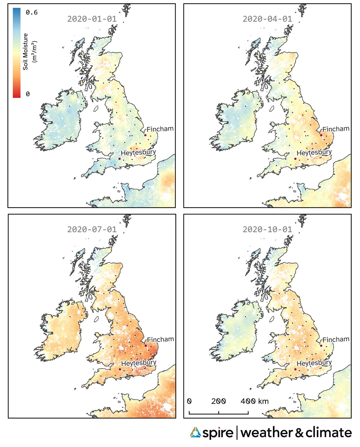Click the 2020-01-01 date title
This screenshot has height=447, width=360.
tap(92, 19)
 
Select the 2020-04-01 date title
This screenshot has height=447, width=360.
tap(267, 19)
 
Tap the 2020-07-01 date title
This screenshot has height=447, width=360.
tap(92, 229)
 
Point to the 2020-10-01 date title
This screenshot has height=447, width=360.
tap(267, 229)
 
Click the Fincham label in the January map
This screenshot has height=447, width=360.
tap(160, 129)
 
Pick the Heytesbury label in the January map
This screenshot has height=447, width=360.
tap(138, 153)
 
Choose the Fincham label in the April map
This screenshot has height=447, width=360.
tap(336, 129)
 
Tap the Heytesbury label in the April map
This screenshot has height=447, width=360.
tap(314, 153)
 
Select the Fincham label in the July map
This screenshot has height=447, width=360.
tap(160, 339)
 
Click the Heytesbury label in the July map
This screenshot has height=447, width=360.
tap(139, 363)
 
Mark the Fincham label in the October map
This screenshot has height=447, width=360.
tap(336, 339)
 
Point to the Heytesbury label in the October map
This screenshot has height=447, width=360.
tap(314, 363)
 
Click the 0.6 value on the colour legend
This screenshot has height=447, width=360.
tap(31, 13)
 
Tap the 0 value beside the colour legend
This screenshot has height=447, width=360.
tap(28, 94)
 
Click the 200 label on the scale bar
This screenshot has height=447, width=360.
tap(218, 401)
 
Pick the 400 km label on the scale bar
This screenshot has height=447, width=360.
tap(254, 401)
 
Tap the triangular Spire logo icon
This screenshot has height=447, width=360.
tap(195, 433)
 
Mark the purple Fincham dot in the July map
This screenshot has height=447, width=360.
tap(145, 346)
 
